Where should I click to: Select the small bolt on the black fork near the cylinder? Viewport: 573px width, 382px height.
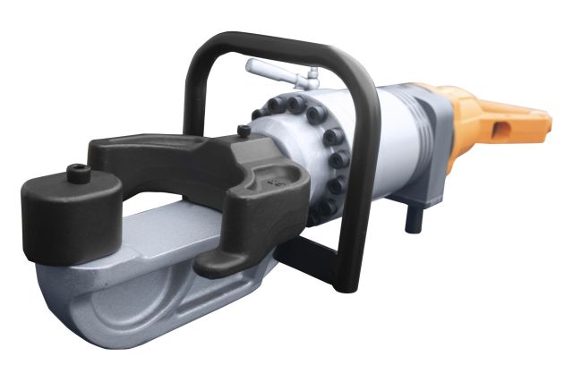(244, 132)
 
